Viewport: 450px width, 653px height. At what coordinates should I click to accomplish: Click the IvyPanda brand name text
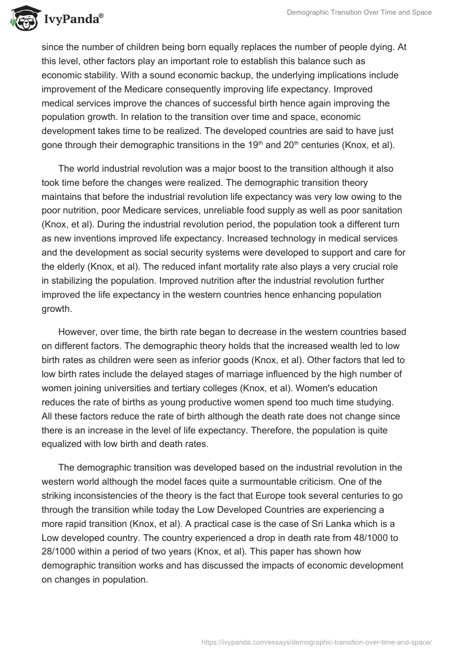[x=73, y=20]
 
